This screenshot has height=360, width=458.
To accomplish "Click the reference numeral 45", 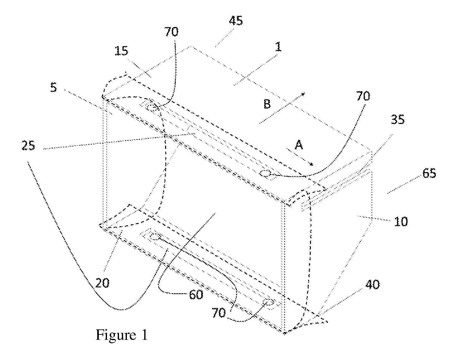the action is point(236,21).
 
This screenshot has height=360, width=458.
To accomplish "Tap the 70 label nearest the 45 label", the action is point(171,32).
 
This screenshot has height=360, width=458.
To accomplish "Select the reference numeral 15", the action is point(122,51).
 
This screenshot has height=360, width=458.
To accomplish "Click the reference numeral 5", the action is point(54,87).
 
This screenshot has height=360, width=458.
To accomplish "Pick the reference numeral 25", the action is point(28,146).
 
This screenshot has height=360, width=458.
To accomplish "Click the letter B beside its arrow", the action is point(267,104).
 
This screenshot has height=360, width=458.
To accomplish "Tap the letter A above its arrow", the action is point(299,145).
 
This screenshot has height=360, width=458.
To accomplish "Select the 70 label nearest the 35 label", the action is point(363,96).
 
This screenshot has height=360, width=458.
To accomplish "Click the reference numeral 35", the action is point(398,120).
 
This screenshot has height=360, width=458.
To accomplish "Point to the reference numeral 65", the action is point(429,173).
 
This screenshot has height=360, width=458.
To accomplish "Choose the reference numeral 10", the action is point(401,221).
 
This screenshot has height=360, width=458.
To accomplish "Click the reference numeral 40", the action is point(372,285).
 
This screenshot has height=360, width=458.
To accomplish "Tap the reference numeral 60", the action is point(196,295).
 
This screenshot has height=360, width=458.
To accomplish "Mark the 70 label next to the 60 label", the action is point(218,313).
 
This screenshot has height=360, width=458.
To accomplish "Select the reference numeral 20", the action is point(102,283).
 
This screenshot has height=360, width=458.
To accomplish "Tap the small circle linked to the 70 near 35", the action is point(265,174).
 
